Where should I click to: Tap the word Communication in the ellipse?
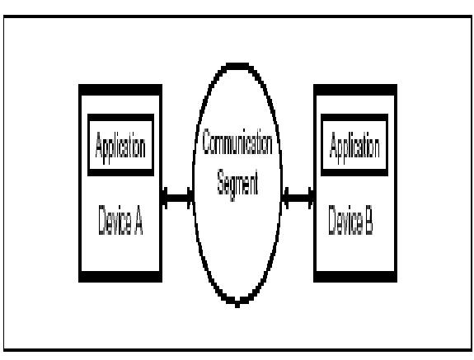pyautogui.click(x=237, y=142)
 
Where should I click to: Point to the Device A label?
pyautogui.click(x=120, y=220)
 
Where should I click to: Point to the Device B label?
pyautogui.click(x=350, y=220)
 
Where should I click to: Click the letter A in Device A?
pyautogui.click(x=138, y=220)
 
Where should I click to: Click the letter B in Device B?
pyautogui.click(x=368, y=220)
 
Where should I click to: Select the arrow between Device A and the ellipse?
pyautogui.click(x=178, y=198)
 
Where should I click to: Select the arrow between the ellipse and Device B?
pyautogui.click(x=298, y=198)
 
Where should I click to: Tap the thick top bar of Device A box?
pyautogui.click(x=120, y=90)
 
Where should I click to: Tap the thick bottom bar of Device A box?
pyautogui.click(x=120, y=277)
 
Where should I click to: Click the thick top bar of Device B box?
pyautogui.click(x=355, y=90)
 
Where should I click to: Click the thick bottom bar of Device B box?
pyautogui.click(x=355, y=277)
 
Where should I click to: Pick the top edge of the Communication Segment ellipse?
pyautogui.click(x=237, y=66)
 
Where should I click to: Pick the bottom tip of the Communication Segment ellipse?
pyautogui.click(x=237, y=306)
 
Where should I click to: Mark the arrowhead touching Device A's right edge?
pyautogui.click(x=165, y=198)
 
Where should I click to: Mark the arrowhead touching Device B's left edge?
pyautogui.click(x=311, y=198)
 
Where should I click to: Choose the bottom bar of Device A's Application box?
pyautogui.click(x=120, y=172)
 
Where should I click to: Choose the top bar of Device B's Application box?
pyautogui.click(x=354, y=118)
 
